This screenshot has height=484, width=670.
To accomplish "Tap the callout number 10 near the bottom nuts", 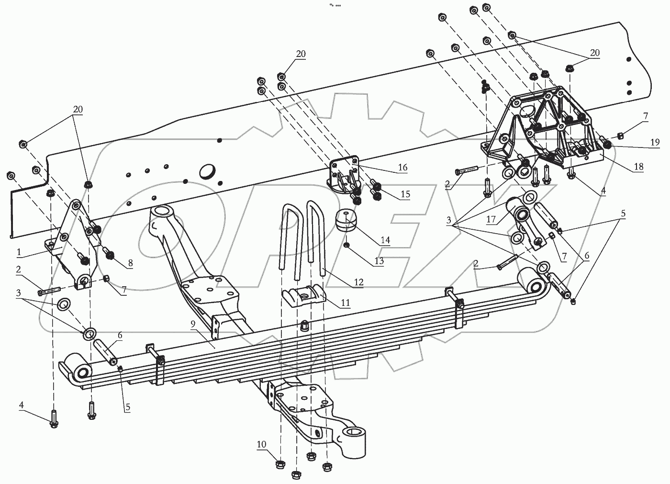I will [x=261, y=445].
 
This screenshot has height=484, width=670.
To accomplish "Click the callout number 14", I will [x=385, y=240].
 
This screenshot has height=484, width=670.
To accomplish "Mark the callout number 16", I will [x=402, y=167].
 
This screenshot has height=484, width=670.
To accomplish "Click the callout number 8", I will [x=130, y=263].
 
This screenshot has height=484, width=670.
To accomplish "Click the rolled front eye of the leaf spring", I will [x=77, y=370].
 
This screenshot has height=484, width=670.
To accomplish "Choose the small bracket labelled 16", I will [x=343, y=175].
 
